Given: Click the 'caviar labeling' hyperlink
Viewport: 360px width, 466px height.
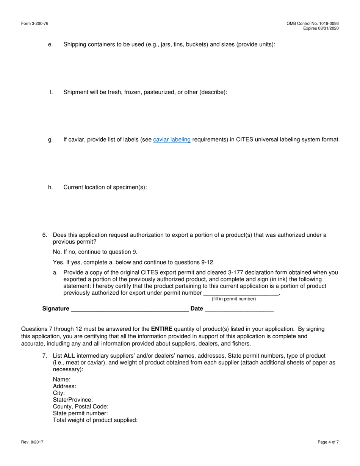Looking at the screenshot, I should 172,140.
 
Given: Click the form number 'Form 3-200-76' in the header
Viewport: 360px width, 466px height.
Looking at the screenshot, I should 35,23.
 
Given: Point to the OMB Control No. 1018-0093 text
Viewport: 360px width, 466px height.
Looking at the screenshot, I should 313,23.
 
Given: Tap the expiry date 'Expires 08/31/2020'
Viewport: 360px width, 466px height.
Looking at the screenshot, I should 321,28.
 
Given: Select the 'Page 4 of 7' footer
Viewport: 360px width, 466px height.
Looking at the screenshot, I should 328,442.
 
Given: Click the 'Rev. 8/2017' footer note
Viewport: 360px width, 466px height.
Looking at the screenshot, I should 32,442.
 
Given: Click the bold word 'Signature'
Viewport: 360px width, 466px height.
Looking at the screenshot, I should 56,309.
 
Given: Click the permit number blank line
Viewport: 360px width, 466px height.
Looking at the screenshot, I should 241,294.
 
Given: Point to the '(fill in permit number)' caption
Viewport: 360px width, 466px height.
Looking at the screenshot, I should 234,299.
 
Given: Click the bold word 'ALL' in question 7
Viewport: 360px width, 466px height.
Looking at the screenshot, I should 69,356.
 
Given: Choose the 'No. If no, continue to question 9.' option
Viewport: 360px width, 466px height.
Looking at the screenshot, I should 95,252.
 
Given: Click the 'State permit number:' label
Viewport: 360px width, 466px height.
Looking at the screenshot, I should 80,414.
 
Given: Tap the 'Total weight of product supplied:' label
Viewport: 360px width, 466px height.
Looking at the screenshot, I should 95,421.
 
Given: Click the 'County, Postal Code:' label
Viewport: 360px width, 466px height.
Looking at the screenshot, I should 81,407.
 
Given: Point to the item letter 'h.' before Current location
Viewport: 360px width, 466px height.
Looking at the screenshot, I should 50,187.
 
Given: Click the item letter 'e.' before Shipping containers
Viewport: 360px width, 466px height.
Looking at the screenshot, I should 50,45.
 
